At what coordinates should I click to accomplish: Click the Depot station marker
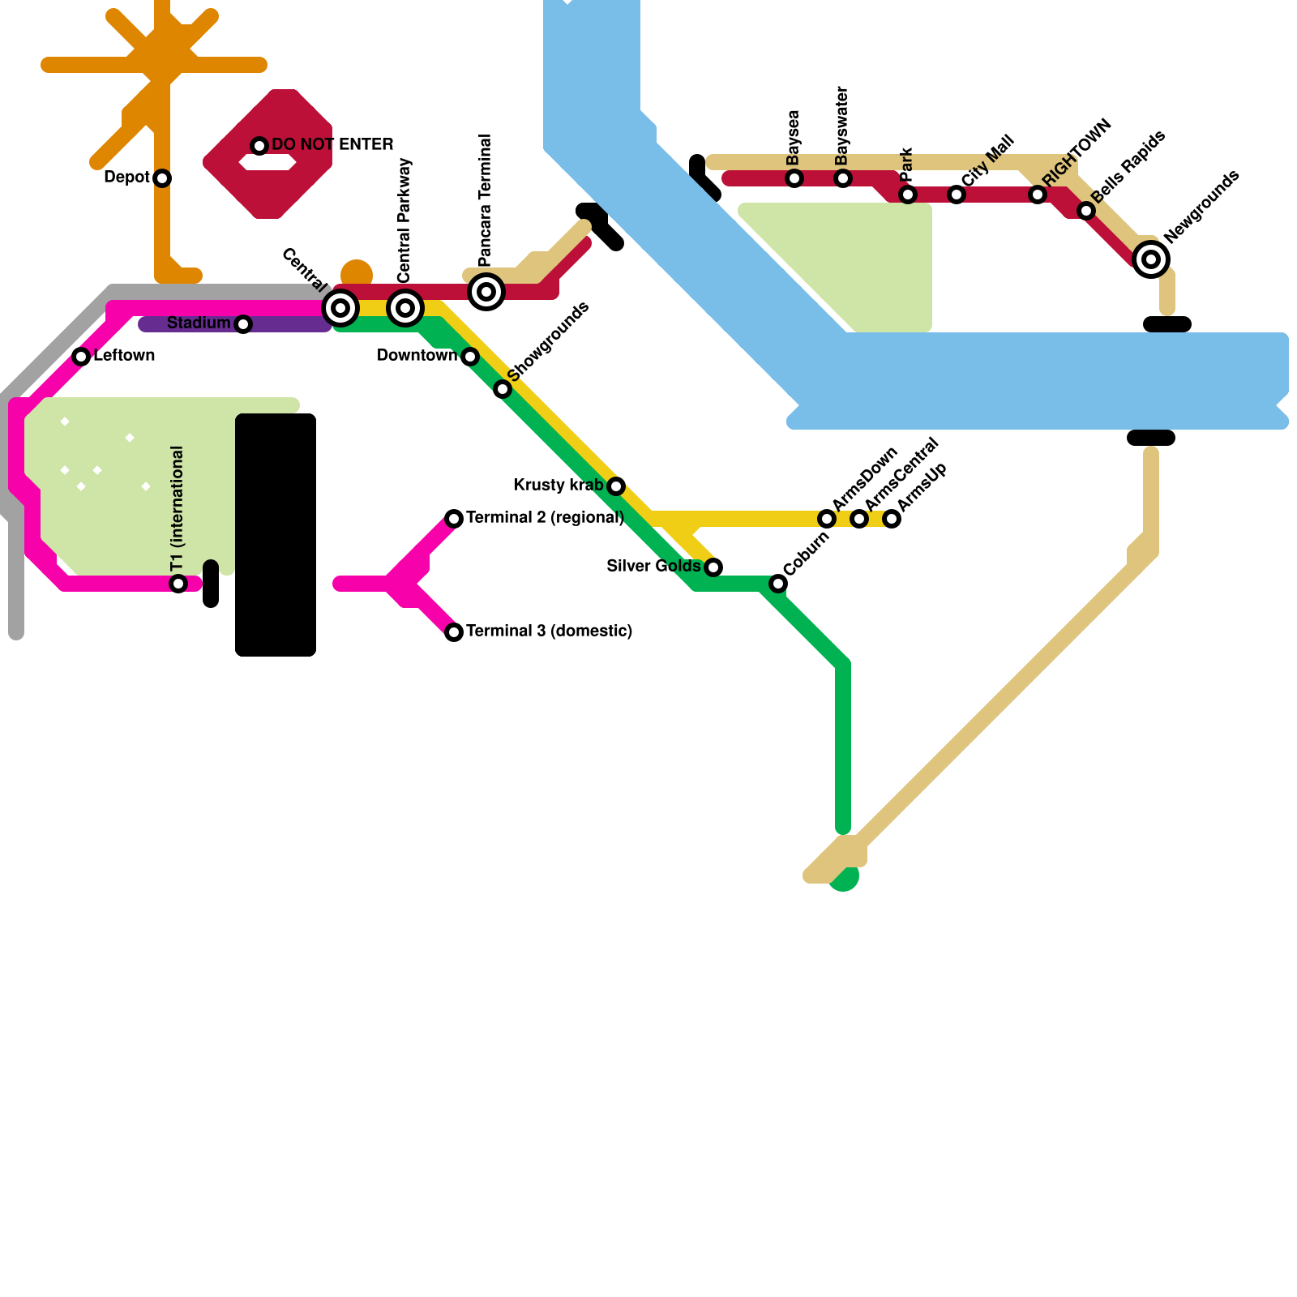(x=162, y=178)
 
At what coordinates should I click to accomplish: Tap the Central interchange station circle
(x=340, y=308)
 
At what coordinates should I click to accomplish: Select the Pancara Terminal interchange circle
(x=486, y=292)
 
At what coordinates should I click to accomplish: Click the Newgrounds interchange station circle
(x=1151, y=259)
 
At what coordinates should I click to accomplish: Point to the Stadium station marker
(x=243, y=324)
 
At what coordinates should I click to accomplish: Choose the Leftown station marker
(x=81, y=357)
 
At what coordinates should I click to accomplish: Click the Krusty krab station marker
(x=616, y=486)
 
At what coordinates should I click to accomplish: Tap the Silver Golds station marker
(x=713, y=567)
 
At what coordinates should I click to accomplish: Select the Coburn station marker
(x=778, y=584)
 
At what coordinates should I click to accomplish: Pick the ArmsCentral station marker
(x=859, y=519)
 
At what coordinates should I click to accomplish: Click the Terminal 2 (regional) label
(x=545, y=518)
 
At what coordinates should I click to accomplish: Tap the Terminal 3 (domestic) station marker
(x=454, y=632)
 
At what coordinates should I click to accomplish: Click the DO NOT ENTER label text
(x=332, y=145)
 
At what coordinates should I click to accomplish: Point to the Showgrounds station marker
(x=503, y=389)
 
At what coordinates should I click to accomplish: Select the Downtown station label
(x=417, y=356)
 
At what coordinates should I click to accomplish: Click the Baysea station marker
(x=794, y=178)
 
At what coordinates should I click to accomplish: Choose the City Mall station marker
(x=957, y=195)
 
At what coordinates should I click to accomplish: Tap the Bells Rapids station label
(x=1128, y=167)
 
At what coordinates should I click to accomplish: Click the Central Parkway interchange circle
(x=405, y=308)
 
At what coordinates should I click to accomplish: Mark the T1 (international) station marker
(x=178, y=584)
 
